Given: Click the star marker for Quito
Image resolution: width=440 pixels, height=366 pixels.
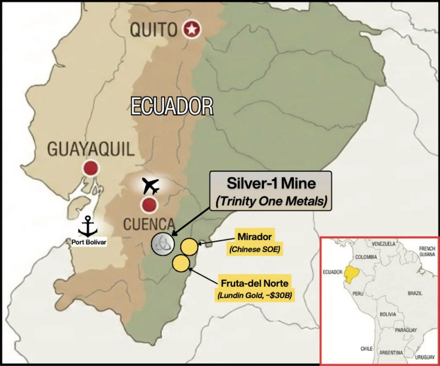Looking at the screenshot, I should [192, 29].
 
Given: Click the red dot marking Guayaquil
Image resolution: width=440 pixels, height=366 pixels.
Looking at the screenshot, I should [91, 168].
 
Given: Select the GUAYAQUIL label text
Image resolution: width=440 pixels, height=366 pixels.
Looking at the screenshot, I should [91, 149].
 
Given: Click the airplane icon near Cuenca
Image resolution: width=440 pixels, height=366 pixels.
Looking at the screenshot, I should [150, 186].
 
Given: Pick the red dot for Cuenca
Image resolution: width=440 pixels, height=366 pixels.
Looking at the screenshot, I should [149, 205].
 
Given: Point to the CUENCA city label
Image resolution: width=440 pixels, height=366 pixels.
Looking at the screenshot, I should [149, 224].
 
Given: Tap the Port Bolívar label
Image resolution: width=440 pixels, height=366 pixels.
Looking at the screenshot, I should [89, 242].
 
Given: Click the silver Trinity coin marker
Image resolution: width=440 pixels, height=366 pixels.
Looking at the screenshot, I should [163, 244].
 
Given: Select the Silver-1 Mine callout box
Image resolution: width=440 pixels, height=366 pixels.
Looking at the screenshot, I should [271, 191].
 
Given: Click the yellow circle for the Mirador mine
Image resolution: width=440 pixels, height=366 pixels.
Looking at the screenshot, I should [189, 247].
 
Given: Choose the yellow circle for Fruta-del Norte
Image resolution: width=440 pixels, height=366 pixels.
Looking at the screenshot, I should [181, 263].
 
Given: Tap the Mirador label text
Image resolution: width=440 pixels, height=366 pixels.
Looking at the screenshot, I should [254, 237].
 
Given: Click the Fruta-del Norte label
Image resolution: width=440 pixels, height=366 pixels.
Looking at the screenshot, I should [255, 283].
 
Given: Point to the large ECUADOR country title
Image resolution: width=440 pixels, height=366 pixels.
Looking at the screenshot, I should [172, 106].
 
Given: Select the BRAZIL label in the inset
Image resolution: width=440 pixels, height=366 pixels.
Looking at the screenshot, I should [415, 293].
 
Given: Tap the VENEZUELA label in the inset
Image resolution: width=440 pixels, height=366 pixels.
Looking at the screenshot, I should [383, 244].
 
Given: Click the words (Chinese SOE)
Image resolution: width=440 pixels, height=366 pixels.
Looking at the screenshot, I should [255, 249].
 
